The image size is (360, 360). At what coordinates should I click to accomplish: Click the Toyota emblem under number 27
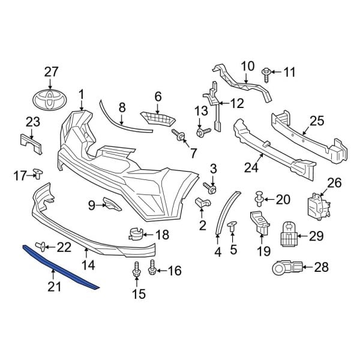51,100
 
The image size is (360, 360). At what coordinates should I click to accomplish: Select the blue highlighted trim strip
60,268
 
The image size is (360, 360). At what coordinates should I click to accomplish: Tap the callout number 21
55,288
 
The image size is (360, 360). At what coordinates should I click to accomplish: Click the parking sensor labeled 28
280,267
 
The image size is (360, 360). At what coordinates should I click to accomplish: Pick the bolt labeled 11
266,73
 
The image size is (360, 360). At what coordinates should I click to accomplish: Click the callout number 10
248,66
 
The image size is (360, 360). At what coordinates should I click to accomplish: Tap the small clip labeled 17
38,174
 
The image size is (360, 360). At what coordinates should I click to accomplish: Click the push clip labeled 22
43,245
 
